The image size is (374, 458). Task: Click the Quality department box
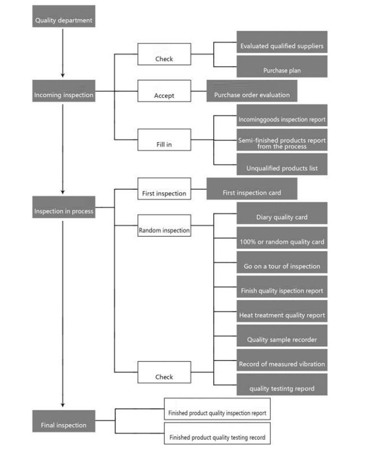(x=63, y=16)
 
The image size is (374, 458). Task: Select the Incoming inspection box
(x=63, y=91)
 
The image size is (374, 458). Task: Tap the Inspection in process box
(x=63, y=207)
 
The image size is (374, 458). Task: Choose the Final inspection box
(x=63, y=421)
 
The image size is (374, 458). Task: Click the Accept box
(x=165, y=91)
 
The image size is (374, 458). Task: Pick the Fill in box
(x=165, y=139)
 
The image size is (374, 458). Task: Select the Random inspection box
(x=165, y=225)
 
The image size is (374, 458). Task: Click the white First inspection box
(x=165, y=189)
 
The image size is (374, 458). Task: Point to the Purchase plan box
(x=282, y=67)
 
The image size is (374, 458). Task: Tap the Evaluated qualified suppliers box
(x=282, y=42)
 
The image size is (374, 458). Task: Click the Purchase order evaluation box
(x=252, y=91)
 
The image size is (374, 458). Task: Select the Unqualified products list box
(x=282, y=164)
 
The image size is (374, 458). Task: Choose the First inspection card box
(x=252, y=189)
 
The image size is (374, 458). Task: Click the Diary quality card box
(x=282, y=213)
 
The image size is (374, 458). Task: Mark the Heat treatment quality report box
(x=282, y=311)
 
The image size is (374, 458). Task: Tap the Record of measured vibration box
(x=282, y=360)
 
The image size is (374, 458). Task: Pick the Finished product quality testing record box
(x=217, y=433)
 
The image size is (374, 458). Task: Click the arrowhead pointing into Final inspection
(x=62, y=405)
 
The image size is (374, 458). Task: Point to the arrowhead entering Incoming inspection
(x=62, y=75)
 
